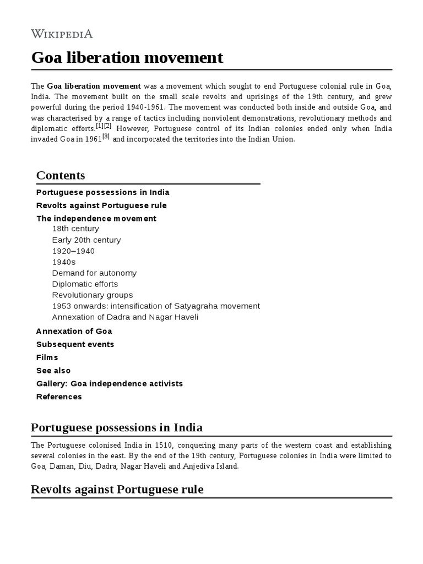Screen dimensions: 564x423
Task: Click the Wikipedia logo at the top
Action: pyautogui.click(x=62, y=34)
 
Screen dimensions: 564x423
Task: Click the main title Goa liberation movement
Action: pyautogui.click(x=127, y=57)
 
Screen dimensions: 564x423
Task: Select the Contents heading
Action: pyautogui.click(x=61, y=175)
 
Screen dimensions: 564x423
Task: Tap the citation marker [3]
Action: pyautogui.click(x=106, y=137)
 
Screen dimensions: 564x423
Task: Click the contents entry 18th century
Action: pyautogui.click(x=75, y=229)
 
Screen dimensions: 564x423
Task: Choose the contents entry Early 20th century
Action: pyautogui.click(x=86, y=240)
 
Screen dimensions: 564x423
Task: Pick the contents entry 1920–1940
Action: pyautogui.click(x=73, y=251)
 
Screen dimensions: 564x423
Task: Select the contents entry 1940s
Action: pyautogui.click(x=64, y=262)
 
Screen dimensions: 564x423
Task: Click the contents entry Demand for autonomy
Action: pyautogui.click(x=94, y=273)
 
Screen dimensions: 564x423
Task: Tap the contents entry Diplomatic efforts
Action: pyautogui.click(x=85, y=284)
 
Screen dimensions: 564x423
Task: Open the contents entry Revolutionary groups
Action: pyautogui.click(x=93, y=295)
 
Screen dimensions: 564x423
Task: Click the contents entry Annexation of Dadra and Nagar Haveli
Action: pyautogui.click(x=125, y=317)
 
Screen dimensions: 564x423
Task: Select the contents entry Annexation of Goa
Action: pyautogui.click(x=74, y=331)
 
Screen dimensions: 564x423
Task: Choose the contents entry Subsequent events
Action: pyautogui.click(x=75, y=344)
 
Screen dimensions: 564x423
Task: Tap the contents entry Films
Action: pyautogui.click(x=47, y=357)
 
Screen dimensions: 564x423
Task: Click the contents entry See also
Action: pyautogui.click(x=53, y=371)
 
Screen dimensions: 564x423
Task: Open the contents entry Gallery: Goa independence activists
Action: pyautogui.click(x=109, y=383)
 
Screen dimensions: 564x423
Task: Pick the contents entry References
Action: pyautogui.click(x=59, y=397)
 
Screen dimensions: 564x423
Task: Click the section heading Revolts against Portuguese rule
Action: pyautogui.click(x=117, y=489)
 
